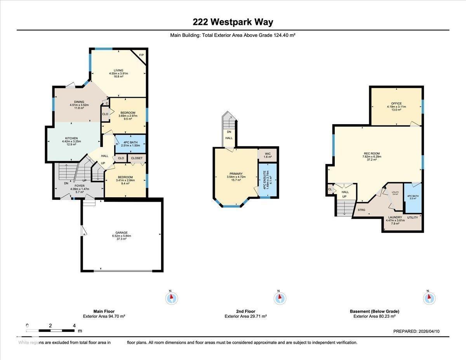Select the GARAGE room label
coord(121,233)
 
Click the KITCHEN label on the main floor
coord(71,138)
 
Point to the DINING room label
coord(79,102)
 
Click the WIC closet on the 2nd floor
coord(267,154)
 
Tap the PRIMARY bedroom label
coord(236,174)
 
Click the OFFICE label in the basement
coord(396,104)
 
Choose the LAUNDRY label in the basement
coord(395,217)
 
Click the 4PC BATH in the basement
coord(412,196)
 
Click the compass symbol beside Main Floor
coord(171,298)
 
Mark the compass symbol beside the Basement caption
coord(429,298)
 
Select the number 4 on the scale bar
coord(74,325)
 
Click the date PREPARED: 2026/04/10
coord(416,331)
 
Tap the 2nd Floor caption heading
coord(245,311)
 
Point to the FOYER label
coord(80,186)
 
